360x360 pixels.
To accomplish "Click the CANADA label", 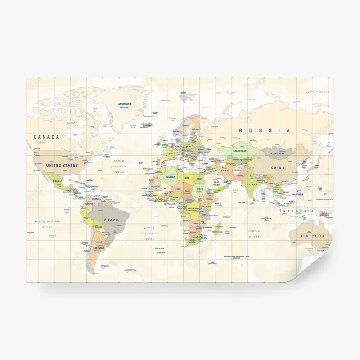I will tap(46, 137).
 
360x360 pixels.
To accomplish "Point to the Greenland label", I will tap(124, 104).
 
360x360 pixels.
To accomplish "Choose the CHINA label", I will tap(278, 168).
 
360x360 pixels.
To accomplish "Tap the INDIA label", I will tap(252, 185).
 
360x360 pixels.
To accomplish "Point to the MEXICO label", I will tap(57, 180).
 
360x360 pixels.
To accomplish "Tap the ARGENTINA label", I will tap(99, 248).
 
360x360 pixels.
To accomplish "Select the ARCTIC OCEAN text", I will tap(318, 92).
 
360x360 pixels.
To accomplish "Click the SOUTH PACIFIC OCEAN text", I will tap(48, 225).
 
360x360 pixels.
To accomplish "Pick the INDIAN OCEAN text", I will tap(254, 234).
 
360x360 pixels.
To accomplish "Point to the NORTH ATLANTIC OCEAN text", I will tap(119, 166).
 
